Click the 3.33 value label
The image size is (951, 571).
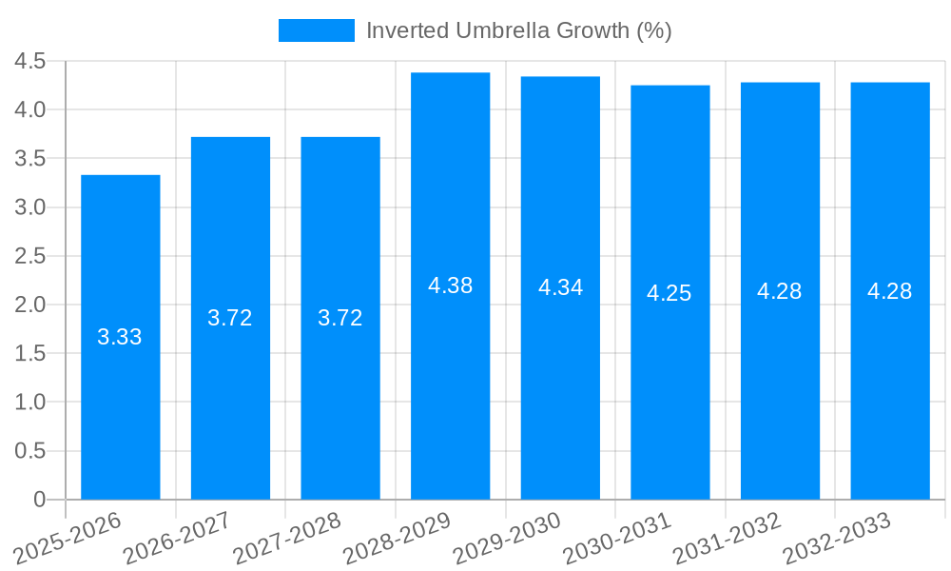(x=120, y=337)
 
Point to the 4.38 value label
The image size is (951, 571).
(x=450, y=285)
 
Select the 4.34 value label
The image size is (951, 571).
(x=560, y=287)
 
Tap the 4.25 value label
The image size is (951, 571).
(x=670, y=293)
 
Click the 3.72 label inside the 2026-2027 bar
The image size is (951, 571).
(x=230, y=318)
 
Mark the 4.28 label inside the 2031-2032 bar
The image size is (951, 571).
(x=780, y=291)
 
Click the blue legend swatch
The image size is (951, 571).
(x=316, y=30)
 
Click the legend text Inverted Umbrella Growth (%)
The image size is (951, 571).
(x=518, y=30)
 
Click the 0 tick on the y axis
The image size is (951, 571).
(x=39, y=500)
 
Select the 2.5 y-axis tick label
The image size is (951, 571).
(x=30, y=256)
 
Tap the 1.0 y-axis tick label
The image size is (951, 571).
(x=30, y=403)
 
